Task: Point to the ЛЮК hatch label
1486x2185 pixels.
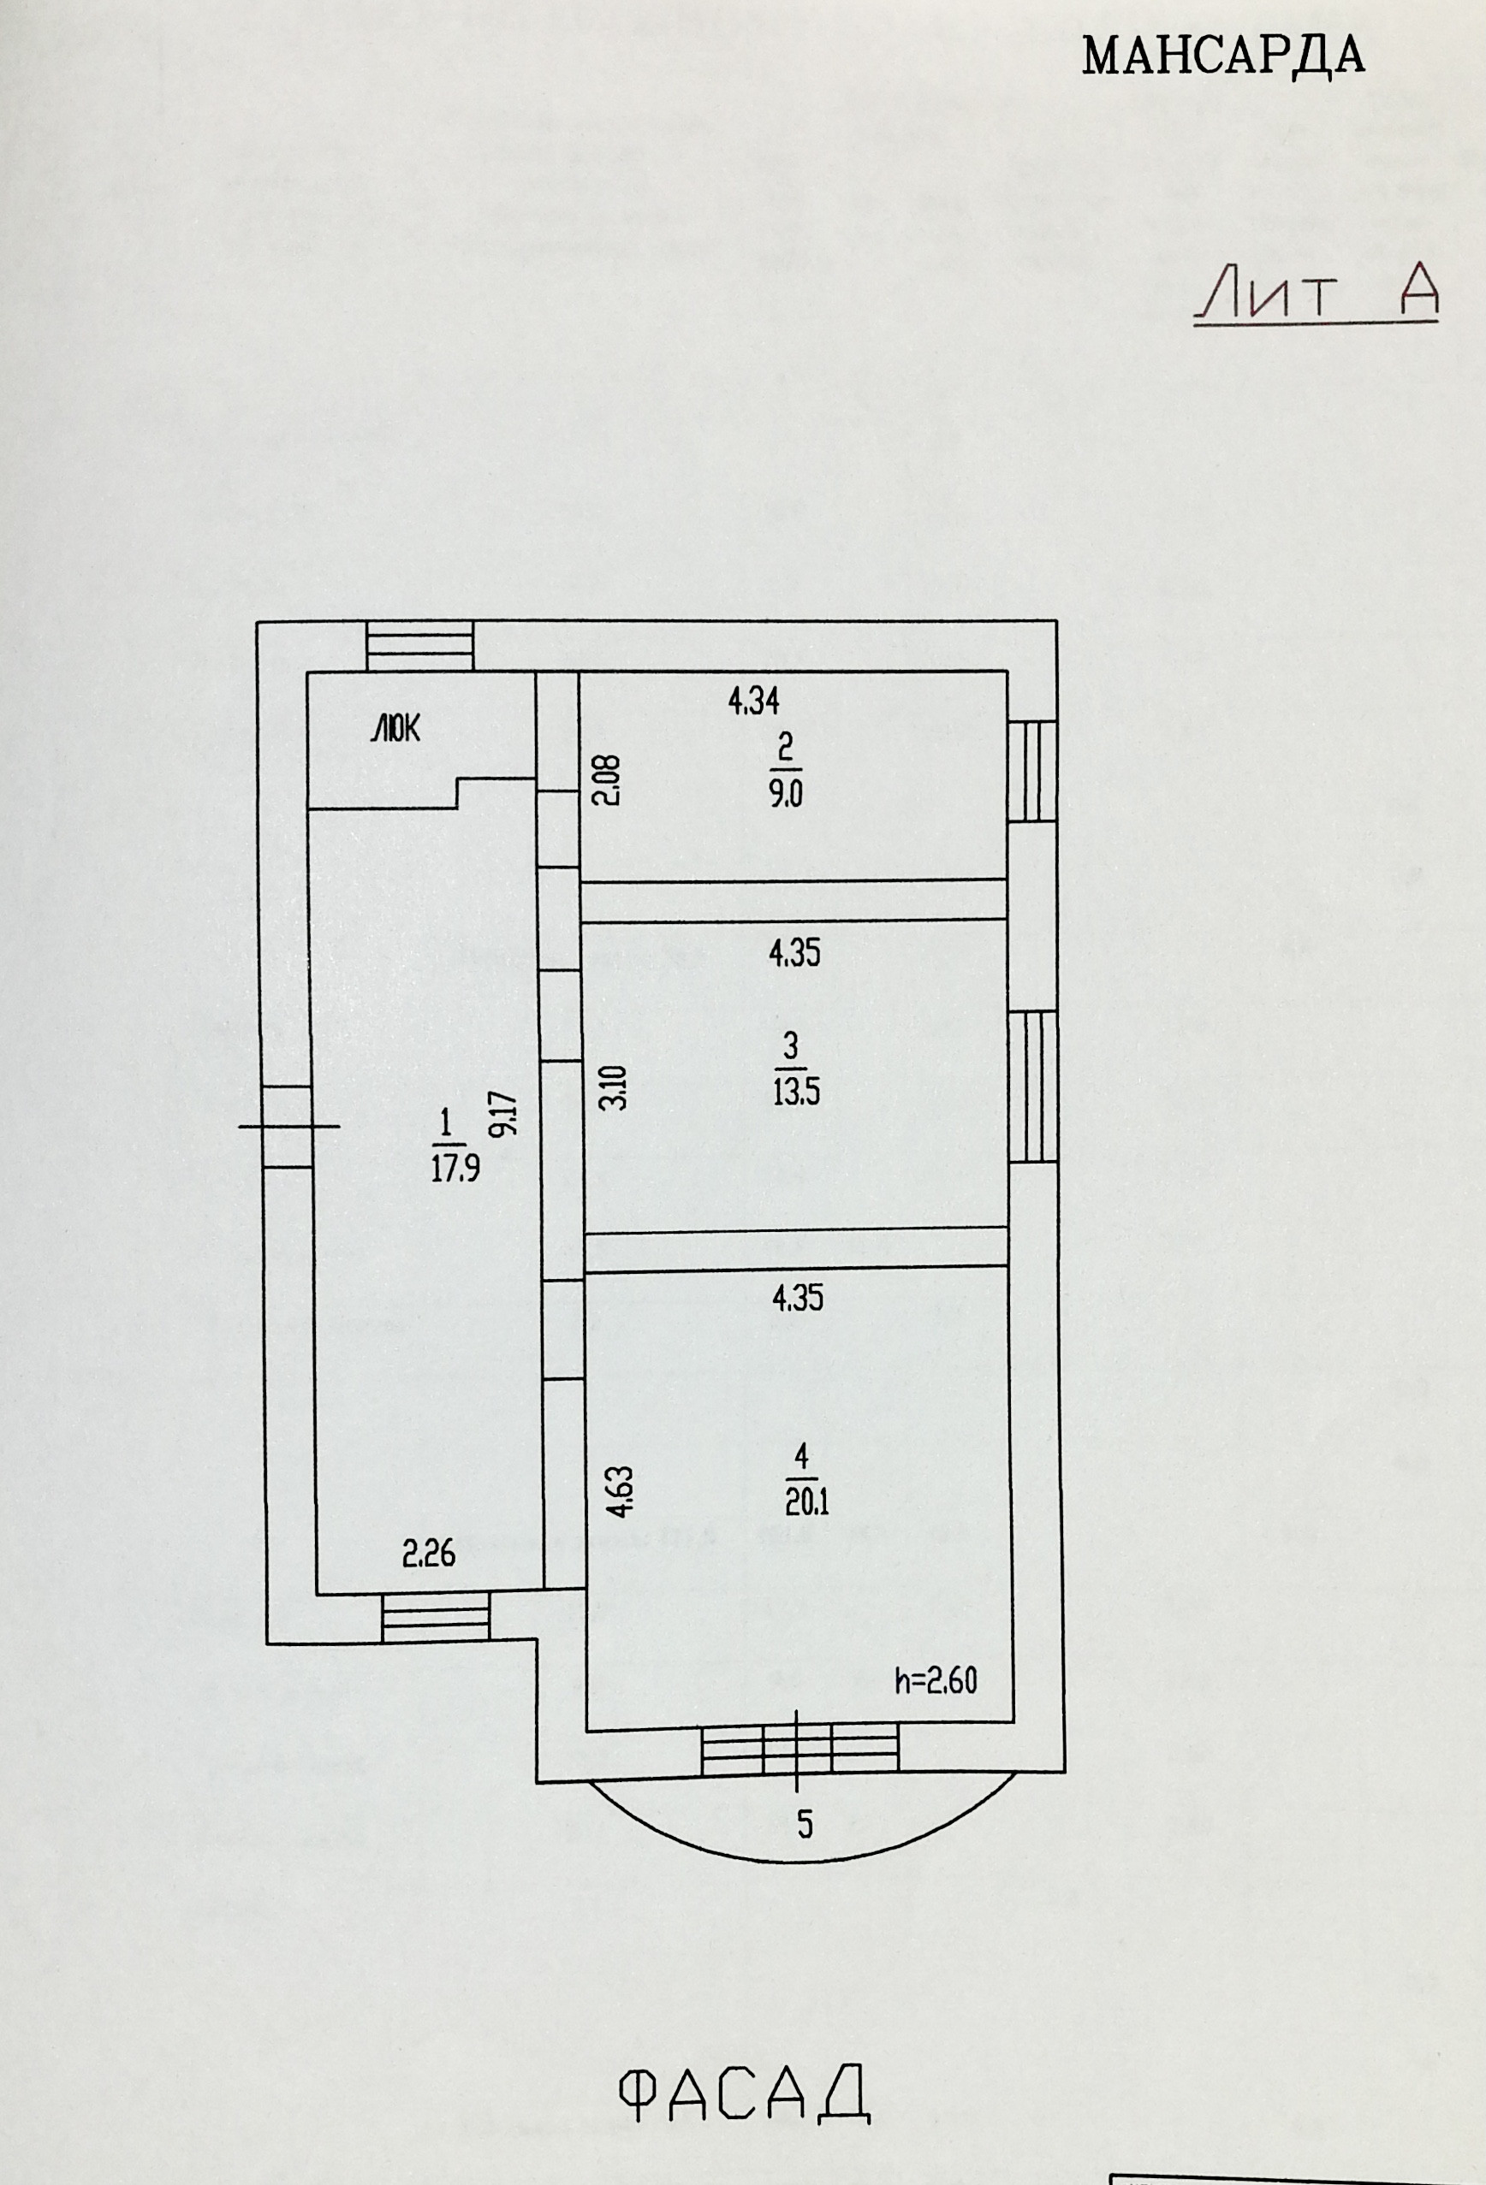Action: pyautogui.click(x=397, y=729)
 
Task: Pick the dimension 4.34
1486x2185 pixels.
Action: pyautogui.click(x=754, y=701)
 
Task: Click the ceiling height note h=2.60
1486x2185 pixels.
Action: pyautogui.click(x=935, y=1680)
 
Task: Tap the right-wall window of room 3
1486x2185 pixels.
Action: pyautogui.click(x=1034, y=1087)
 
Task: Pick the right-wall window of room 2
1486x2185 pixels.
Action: pyautogui.click(x=1032, y=771)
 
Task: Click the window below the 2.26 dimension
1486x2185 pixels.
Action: pyautogui.click(x=437, y=1618)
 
